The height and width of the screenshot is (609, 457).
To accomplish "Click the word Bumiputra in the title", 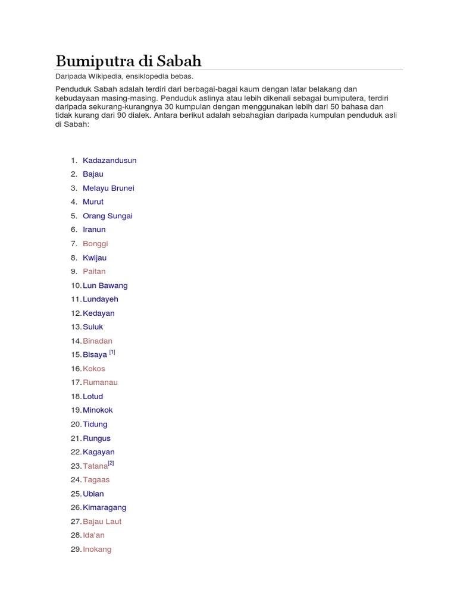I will click(96, 61).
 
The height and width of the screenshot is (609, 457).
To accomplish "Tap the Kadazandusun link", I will click(109, 161).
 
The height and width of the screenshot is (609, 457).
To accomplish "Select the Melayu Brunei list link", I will click(108, 188).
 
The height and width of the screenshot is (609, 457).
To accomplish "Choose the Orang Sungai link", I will click(108, 216).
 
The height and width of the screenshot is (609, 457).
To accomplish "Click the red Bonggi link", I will click(95, 244).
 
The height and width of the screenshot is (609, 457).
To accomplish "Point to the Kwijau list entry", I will click(95, 258).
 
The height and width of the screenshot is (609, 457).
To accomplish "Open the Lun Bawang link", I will click(105, 285).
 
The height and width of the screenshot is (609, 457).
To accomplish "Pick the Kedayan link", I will click(99, 313).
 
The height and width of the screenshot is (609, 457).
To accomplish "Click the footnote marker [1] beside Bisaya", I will click(112, 352).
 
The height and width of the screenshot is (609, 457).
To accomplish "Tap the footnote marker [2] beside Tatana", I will click(111, 463).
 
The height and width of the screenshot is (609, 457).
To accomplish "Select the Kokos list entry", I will click(94, 369).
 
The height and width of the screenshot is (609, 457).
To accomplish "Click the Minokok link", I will click(98, 410).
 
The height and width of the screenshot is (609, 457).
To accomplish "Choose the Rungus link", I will click(97, 438).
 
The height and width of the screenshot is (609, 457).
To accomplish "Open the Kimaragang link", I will click(105, 507).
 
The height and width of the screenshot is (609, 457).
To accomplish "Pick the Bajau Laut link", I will click(102, 522).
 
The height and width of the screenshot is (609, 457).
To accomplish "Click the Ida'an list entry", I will click(94, 535).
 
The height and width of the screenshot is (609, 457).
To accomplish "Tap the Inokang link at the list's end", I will click(97, 550).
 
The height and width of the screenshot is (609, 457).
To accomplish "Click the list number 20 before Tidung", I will click(76, 425).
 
